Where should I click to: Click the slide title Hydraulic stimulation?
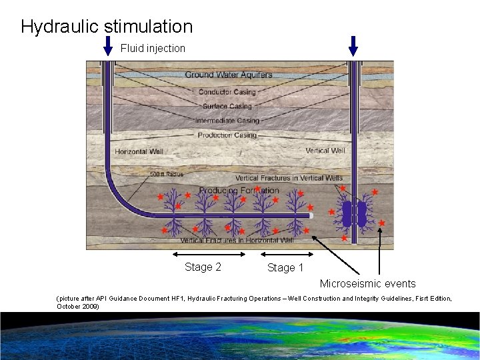pyautogui.click(x=107, y=27)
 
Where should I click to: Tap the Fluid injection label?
pyautogui.click(x=153, y=48)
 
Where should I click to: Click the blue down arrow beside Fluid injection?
pyautogui.click(x=109, y=46)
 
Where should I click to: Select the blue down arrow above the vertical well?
pyautogui.click(x=353, y=45)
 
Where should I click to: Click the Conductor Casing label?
pyautogui.click(x=227, y=92)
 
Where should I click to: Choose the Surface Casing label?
pyautogui.click(x=227, y=106)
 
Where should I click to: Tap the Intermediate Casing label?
pyautogui.click(x=227, y=121)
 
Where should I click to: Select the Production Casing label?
pyautogui.click(x=227, y=135)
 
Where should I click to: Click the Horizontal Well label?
pyautogui.click(x=139, y=152)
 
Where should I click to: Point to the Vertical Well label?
pyautogui.click(x=325, y=151)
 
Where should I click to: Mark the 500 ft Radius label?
pyautogui.click(x=166, y=175)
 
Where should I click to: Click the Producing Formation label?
pyautogui.click(x=239, y=191)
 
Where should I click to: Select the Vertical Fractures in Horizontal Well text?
pyautogui.click(x=237, y=240)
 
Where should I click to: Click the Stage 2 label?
pyautogui.click(x=203, y=267)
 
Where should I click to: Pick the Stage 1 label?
pyautogui.click(x=285, y=267)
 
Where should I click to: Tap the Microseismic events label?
pyautogui.click(x=367, y=284)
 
